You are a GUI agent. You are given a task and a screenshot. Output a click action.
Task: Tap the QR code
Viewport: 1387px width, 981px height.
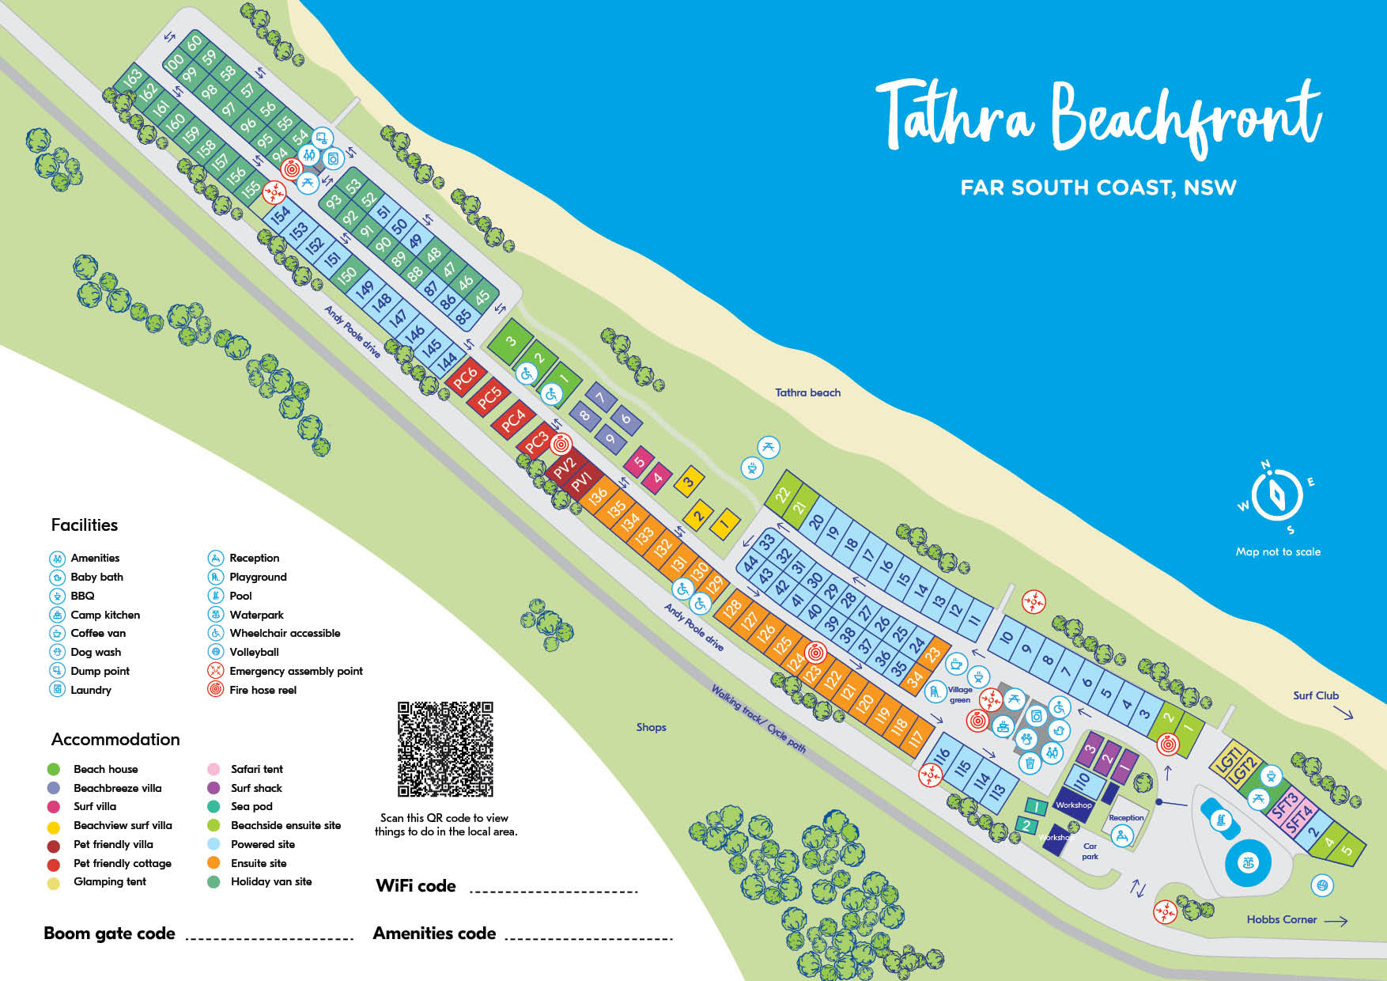point(445,748)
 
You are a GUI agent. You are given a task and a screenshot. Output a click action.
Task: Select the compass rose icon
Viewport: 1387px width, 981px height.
point(1276,495)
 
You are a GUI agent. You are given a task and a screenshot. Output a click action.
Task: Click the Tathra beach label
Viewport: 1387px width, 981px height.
point(807,392)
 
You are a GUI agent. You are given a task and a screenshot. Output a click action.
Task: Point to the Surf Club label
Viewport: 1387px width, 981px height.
point(1315,695)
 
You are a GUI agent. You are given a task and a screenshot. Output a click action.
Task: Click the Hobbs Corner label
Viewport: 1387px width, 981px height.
point(1281,919)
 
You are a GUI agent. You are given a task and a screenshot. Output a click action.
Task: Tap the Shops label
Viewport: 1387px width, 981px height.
point(651,727)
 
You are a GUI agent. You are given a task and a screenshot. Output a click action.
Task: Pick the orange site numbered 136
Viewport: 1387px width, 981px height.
point(598,496)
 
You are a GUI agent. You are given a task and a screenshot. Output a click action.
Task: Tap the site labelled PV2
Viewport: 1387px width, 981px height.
point(564,467)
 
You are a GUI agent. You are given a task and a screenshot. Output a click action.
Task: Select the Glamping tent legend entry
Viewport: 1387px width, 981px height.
point(109,881)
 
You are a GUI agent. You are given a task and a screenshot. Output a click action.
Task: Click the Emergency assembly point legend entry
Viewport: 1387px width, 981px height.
point(295,671)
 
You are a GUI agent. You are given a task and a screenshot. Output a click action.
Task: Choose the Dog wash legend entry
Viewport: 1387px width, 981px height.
point(95,652)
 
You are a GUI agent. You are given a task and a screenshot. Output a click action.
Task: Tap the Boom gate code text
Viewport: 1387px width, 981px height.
point(109,934)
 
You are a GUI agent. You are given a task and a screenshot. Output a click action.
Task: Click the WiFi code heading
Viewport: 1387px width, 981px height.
point(415,886)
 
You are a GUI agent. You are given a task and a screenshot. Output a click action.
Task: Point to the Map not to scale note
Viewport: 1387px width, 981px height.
point(1278,551)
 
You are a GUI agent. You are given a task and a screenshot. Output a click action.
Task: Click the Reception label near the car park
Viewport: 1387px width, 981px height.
point(1126,817)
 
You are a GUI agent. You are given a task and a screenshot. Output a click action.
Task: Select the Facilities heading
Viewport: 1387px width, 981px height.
point(84,525)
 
